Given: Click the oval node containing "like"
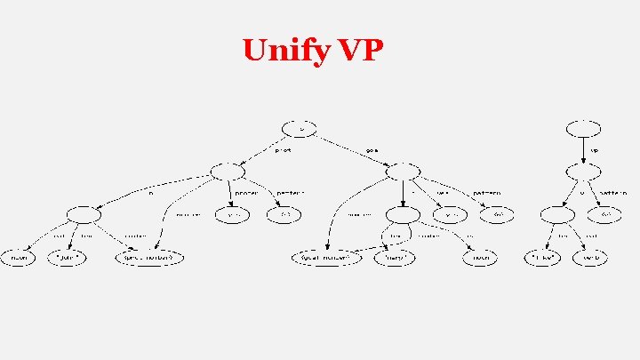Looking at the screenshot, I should pos(543,257).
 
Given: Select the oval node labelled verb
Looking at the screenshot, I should pos(593,257).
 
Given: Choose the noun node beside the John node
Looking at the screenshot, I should pos(19,257).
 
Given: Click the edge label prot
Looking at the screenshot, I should pos(283,150).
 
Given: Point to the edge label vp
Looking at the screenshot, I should pos(593,150).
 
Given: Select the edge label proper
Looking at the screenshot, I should pos(246,193).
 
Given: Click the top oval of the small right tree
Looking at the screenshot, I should pos(582,127).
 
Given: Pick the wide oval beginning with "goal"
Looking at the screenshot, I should pos(327,257).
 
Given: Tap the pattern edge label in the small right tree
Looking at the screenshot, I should pos(612,193).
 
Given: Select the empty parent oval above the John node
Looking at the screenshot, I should pos(81,214).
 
